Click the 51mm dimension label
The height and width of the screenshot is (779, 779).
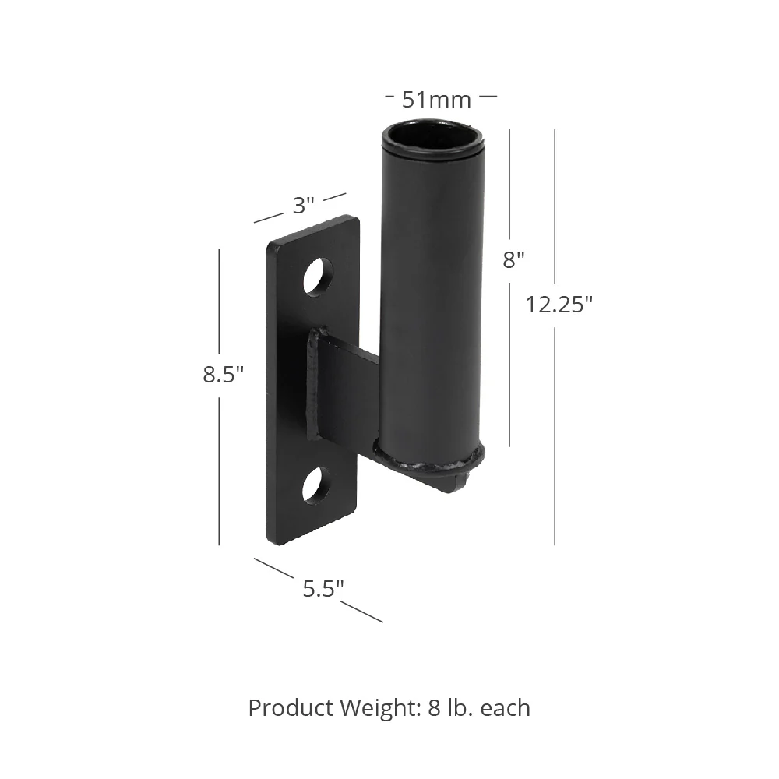436,100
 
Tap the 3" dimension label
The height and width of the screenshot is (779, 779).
303,206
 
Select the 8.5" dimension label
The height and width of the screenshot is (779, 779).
224,375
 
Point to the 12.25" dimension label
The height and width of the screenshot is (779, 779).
559,305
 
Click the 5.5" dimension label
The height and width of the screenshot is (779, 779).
323,589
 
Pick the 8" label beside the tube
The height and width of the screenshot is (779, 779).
513,259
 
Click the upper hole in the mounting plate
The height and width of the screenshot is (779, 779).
317,276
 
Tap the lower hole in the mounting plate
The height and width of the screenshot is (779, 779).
317,485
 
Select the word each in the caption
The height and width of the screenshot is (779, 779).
506,708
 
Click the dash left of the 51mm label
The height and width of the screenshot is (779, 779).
390,97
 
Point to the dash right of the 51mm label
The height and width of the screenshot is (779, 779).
488,97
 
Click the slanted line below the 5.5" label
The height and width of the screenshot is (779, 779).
361,612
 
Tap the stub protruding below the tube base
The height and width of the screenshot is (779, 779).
460,483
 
